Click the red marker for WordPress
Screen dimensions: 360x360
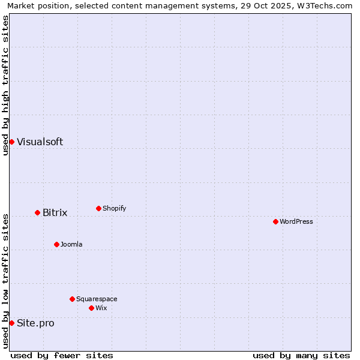coord(275,221)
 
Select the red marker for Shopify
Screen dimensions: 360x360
coord(98,208)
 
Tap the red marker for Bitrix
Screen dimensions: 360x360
coord(37,212)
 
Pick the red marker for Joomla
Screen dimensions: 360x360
coord(56,244)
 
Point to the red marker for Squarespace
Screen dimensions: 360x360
coord(72,299)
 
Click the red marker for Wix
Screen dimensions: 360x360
coord(91,308)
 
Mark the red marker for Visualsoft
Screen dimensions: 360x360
coord(11,142)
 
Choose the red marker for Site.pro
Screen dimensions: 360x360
coord(11,323)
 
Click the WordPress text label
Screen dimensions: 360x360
coord(296,221)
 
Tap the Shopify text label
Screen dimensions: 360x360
coord(115,208)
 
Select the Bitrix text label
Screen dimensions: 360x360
coord(55,212)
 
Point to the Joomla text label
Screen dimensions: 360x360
coord(71,244)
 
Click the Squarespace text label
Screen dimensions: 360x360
coord(97,299)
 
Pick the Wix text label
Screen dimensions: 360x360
coord(101,308)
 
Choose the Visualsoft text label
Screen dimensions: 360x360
coord(40,142)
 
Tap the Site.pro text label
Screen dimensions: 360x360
coord(35,323)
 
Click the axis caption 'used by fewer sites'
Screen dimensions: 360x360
coord(62,355)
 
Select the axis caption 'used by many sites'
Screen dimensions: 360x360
coord(301,355)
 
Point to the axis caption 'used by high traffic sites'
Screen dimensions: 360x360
coord(5,85)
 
